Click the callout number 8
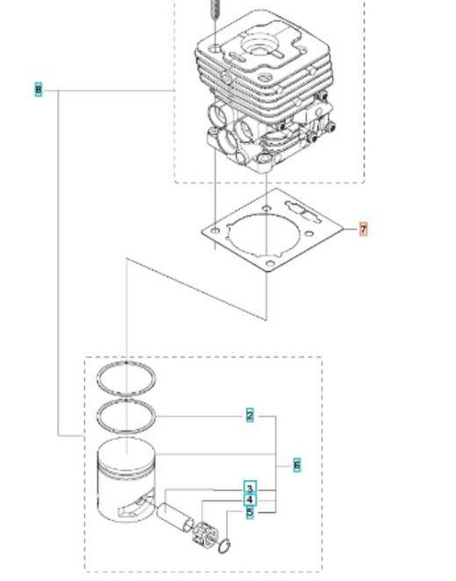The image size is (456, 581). (38, 89)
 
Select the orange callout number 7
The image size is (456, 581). (363, 230)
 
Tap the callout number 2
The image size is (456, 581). (249, 415)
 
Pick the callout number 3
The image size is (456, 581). (249, 488)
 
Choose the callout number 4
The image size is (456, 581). (249, 500)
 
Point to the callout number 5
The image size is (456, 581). (249, 512)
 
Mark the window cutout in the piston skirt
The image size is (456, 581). (131, 510)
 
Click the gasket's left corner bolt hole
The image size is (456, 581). (215, 230)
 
